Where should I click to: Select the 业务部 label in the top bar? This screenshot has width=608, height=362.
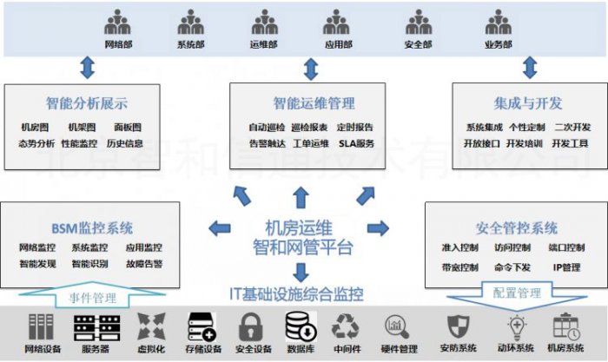click(499, 44)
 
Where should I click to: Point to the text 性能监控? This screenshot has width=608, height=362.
click(79, 142)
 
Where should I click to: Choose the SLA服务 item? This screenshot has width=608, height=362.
click(357, 142)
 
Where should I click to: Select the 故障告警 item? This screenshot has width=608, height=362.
click(143, 263)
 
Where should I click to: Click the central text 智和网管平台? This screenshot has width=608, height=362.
click(302, 248)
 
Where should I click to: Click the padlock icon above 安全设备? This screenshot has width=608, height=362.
click(251, 326)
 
